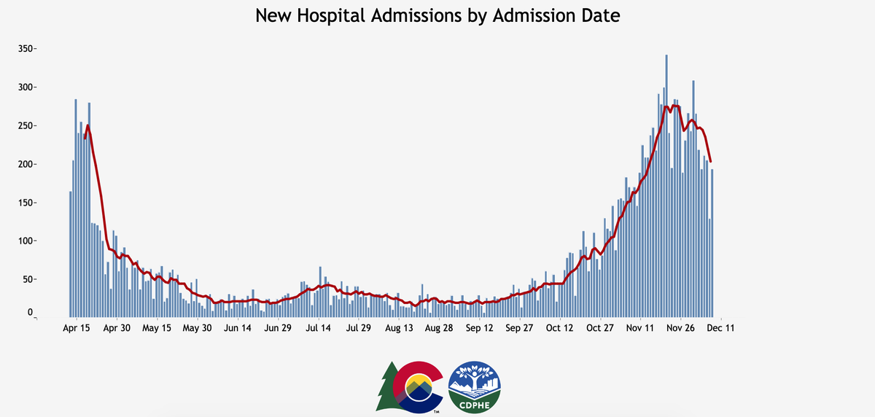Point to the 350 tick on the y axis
[x=28, y=49]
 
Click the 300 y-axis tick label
[x=28, y=87]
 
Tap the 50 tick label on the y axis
[x=30, y=279]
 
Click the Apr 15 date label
[x=77, y=329]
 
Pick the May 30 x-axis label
[x=196, y=329]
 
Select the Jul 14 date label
[x=318, y=329]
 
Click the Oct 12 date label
[x=561, y=329]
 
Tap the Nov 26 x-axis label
[x=681, y=329]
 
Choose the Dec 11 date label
[x=720, y=329]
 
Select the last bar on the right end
[x=712, y=243]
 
